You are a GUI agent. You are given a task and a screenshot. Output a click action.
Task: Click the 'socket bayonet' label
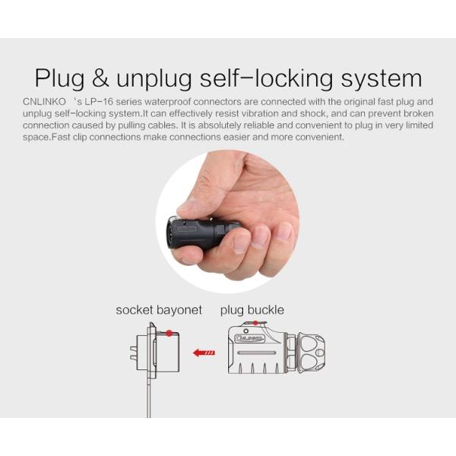(159, 310)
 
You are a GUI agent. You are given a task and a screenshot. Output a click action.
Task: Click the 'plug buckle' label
(252, 310)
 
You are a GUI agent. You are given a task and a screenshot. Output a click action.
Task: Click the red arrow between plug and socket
(203, 353)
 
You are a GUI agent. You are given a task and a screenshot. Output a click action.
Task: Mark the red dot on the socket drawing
(169, 333)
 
